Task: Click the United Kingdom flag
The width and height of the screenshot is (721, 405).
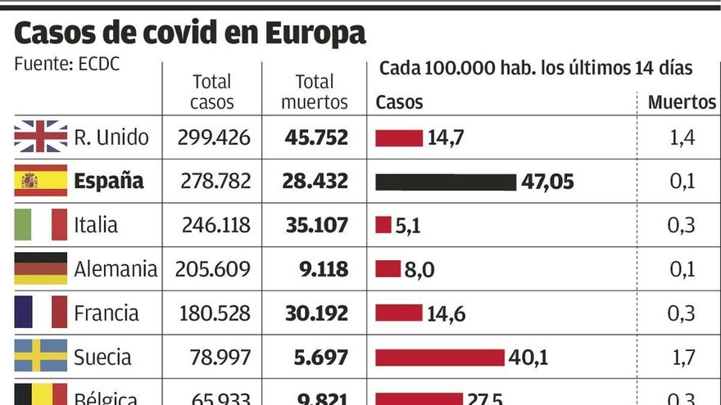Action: coord(40,137)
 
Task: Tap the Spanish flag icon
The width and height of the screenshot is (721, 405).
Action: coord(40,181)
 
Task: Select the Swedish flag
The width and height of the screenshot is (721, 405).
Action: coord(40,357)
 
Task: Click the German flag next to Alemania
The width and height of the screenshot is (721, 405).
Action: coord(40,268)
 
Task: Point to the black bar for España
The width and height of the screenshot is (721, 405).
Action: coord(446,182)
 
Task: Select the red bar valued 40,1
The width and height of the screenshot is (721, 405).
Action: coord(439,358)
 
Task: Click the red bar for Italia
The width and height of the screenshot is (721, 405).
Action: coord(383,225)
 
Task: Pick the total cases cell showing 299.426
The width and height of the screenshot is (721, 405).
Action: coord(213,137)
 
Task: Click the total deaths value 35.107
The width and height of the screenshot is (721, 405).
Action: coord(316,225)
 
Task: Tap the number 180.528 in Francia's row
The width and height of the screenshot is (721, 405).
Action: coord(213,313)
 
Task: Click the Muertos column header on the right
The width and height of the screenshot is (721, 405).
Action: coord(682,102)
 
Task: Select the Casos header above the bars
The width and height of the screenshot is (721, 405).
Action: coord(399,102)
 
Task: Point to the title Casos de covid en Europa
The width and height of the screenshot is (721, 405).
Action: coord(189,33)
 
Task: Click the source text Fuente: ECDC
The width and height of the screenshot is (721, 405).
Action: coord(67,64)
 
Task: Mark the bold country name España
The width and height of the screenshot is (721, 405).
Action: coord(108,181)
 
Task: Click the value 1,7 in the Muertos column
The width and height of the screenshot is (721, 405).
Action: coord(682,358)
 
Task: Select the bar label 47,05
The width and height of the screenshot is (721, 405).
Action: coord(547,182)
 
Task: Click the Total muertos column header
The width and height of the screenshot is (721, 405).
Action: coord(315,92)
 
